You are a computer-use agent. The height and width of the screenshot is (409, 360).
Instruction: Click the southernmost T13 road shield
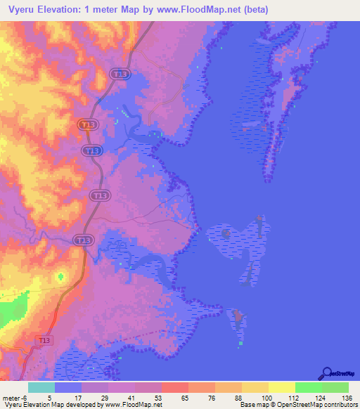point(44,340)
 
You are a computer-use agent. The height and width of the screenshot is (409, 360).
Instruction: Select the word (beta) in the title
point(255,9)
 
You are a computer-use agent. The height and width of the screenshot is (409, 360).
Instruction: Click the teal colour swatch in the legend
point(41,387)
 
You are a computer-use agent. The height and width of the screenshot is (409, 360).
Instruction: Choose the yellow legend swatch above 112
point(282,387)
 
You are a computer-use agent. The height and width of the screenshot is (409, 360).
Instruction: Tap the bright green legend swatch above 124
point(309,387)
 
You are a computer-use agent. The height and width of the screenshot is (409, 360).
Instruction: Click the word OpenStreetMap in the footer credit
point(311,405)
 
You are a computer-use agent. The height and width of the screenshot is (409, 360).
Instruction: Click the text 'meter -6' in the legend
point(15,396)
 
